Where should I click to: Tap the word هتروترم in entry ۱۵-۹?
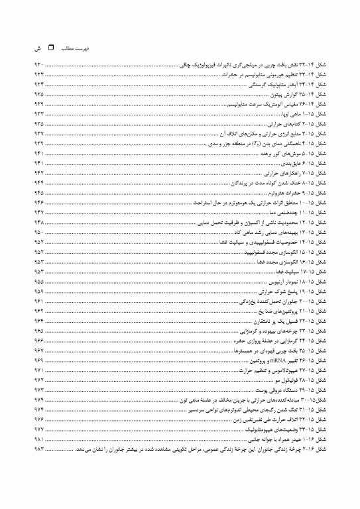(265, 192)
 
